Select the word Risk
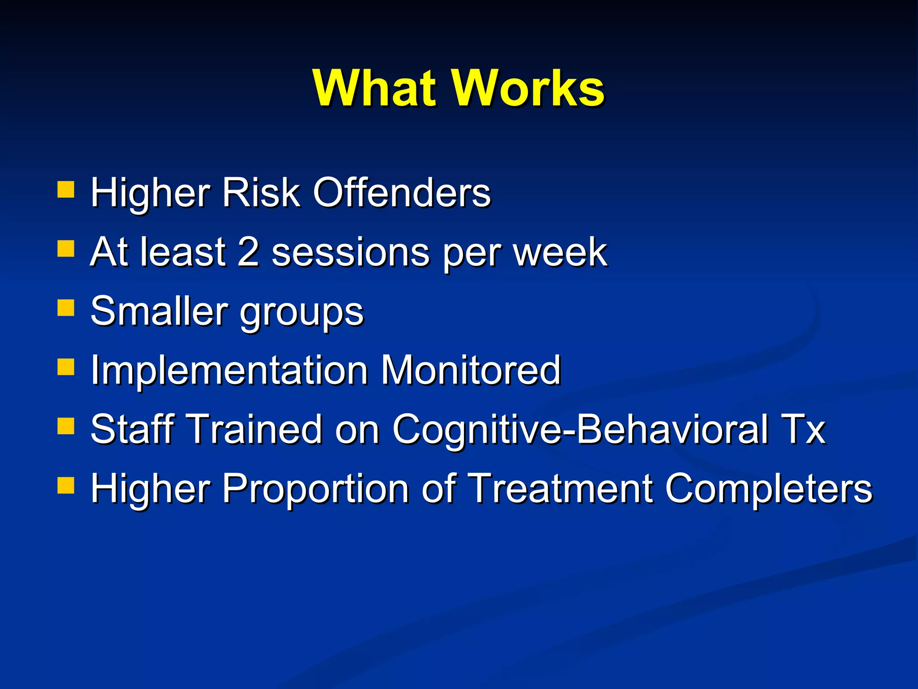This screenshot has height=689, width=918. [260, 193]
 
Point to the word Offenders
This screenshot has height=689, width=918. [402, 193]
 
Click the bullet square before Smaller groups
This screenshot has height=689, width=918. [66, 308]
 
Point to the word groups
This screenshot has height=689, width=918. [302, 314]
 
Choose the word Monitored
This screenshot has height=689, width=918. [471, 371]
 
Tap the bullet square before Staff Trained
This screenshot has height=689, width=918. [66, 427]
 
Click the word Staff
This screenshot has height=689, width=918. [132, 429]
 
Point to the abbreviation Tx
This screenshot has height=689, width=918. [803, 429]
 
